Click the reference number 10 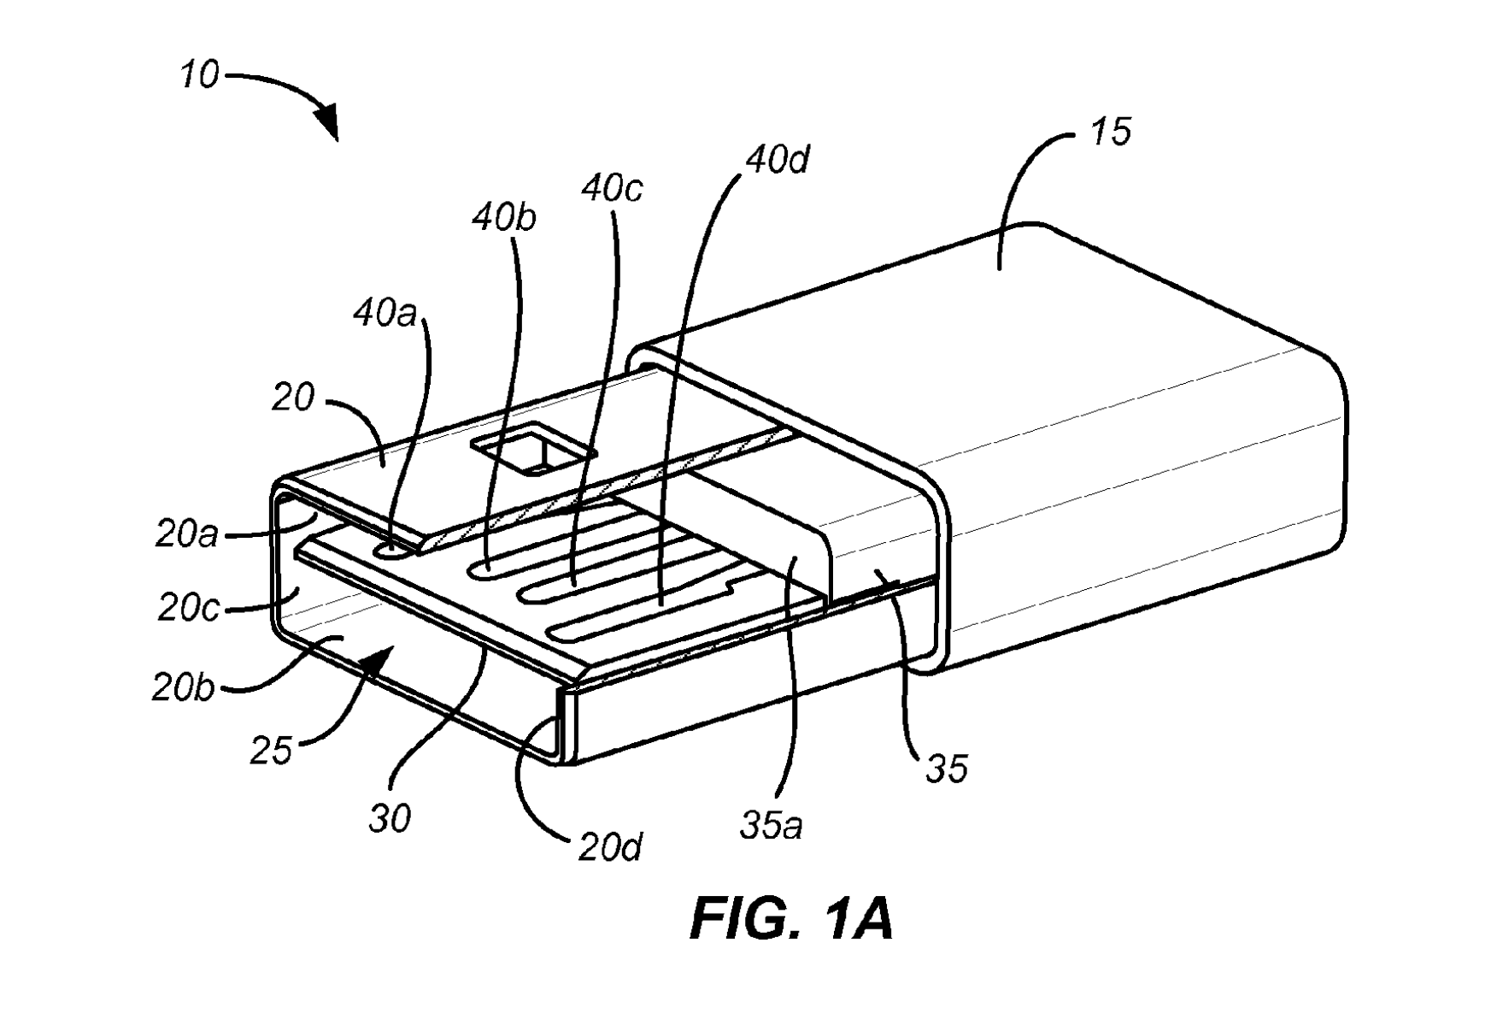(199, 76)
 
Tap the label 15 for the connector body (1111, 133)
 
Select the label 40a (385, 315)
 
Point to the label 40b (504, 219)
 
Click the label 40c (612, 188)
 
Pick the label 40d (778, 159)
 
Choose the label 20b (183, 687)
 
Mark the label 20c (188, 608)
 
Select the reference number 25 (272, 752)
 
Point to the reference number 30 (390, 818)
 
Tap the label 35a (771, 826)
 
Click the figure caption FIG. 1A (791, 920)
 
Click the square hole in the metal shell (534, 451)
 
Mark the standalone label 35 (947, 769)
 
